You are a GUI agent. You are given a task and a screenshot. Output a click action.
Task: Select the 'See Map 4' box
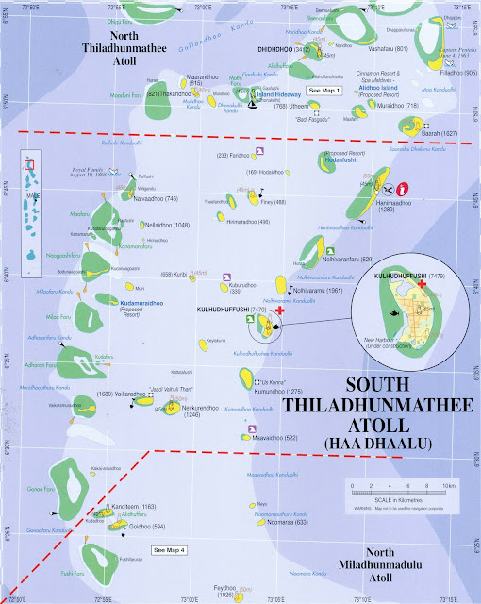click(171, 548)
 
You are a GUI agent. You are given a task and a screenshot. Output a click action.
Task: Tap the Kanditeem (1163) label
click(141, 507)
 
